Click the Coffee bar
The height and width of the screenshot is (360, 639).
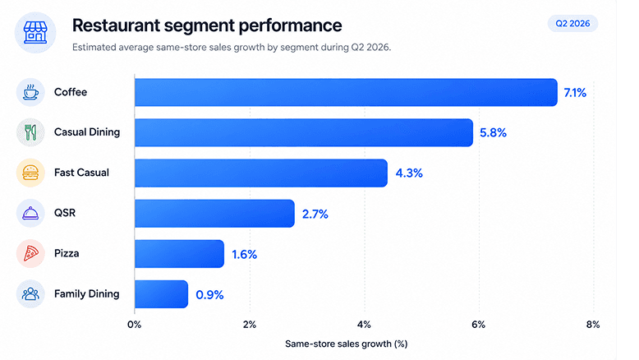[346, 93]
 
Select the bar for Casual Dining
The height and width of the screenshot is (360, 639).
[304, 132]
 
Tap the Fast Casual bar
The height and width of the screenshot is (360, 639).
[261, 173]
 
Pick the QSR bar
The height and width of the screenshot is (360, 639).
[214, 213]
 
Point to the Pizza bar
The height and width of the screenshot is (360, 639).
[179, 254]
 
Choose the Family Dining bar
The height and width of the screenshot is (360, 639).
[161, 294]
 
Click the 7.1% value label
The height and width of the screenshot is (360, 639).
[575, 93]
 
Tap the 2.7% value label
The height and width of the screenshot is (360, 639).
[315, 214]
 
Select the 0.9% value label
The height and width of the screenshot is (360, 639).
[209, 295]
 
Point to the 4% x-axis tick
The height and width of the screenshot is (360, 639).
[364, 325]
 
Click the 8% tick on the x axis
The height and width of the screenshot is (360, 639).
[593, 325]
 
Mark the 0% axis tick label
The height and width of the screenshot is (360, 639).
[134, 325]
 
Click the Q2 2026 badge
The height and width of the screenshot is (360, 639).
[572, 24]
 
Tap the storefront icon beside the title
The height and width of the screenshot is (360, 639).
[35, 33]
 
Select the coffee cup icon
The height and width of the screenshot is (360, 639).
[30, 92]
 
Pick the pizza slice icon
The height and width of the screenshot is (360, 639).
[30, 254]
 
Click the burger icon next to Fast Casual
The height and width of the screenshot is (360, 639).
[30, 173]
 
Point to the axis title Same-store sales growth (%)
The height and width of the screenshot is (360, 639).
[346, 344]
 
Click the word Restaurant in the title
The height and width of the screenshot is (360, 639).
[116, 25]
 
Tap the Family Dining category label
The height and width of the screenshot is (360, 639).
[87, 294]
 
